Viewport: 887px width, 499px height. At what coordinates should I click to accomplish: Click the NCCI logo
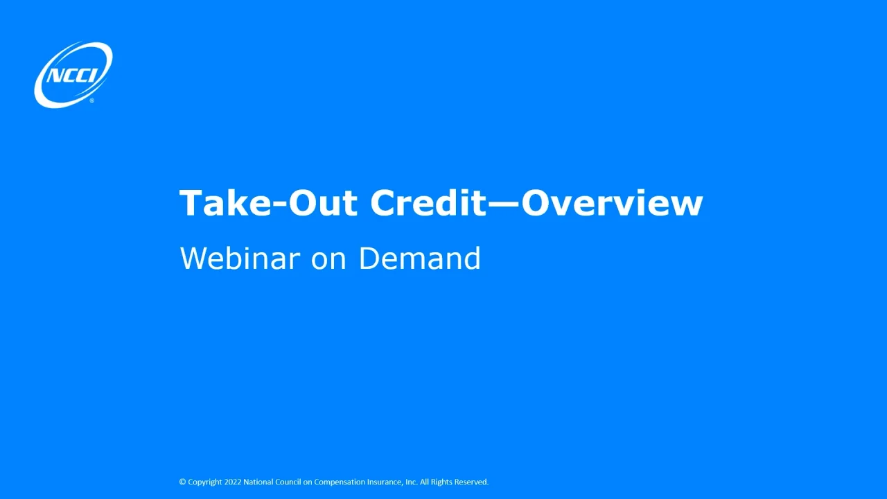(x=73, y=74)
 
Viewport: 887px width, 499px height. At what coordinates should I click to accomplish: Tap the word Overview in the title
(x=612, y=204)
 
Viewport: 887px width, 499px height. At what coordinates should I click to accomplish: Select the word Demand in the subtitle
(x=419, y=259)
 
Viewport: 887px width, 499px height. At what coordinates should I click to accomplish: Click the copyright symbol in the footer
(x=182, y=482)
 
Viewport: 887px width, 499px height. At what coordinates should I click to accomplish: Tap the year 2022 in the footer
(x=233, y=482)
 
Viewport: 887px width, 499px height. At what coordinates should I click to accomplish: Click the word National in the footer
(x=259, y=482)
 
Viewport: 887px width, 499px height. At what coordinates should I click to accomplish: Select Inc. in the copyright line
(x=411, y=482)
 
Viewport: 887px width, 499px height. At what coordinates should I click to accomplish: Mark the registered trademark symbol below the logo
(x=92, y=101)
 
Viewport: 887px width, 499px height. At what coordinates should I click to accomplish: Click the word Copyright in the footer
(x=204, y=482)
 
